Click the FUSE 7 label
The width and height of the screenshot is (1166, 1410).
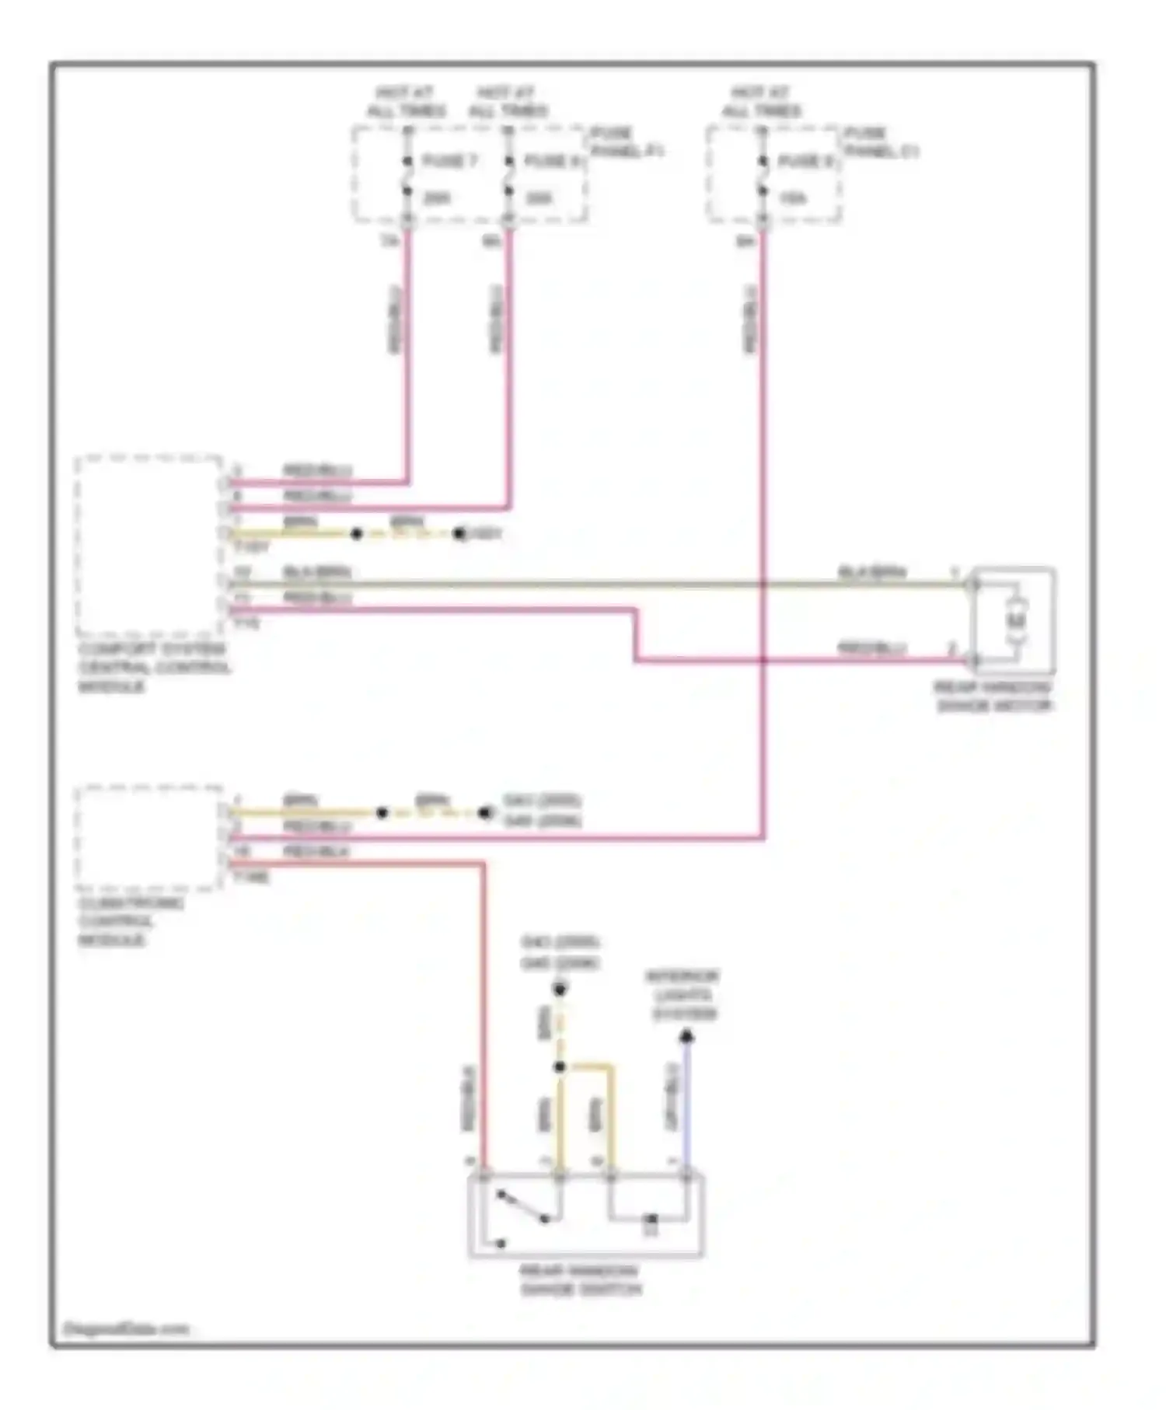tap(449, 161)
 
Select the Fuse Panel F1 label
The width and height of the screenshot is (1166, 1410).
tap(627, 141)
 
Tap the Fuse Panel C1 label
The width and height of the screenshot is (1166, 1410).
tap(881, 141)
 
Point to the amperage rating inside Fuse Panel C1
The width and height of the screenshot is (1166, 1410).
tap(793, 199)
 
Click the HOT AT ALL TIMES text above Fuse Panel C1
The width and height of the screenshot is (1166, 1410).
tap(761, 102)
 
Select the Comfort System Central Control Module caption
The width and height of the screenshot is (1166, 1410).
tap(153, 668)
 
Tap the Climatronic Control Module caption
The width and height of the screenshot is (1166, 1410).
tap(130, 922)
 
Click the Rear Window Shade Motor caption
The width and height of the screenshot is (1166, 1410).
tap(993, 697)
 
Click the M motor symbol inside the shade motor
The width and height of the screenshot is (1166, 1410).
tap(1017, 620)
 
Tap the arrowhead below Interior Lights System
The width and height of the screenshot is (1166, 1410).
tap(686, 1036)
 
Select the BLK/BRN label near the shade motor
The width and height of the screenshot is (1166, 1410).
tap(872, 572)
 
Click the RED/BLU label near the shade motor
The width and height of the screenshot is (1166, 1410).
tap(871, 647)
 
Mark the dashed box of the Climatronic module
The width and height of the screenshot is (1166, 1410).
tap(148, 837)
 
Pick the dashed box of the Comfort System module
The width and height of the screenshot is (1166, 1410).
tap(148, 546)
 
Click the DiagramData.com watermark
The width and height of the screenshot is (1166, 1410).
tap(126, 1329)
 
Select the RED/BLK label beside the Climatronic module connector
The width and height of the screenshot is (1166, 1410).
tap(316, 852)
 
